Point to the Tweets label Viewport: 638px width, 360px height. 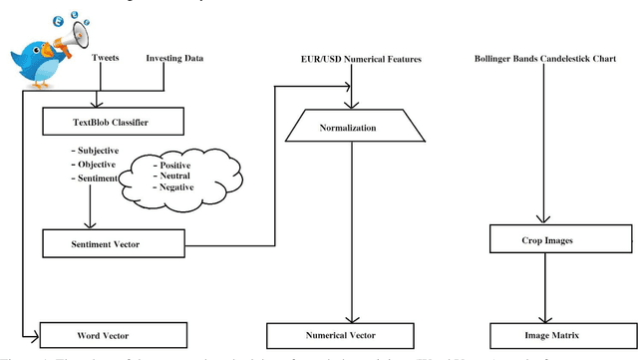[x=106, y=59]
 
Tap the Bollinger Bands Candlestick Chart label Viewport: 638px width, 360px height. [x=546, y=60]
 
